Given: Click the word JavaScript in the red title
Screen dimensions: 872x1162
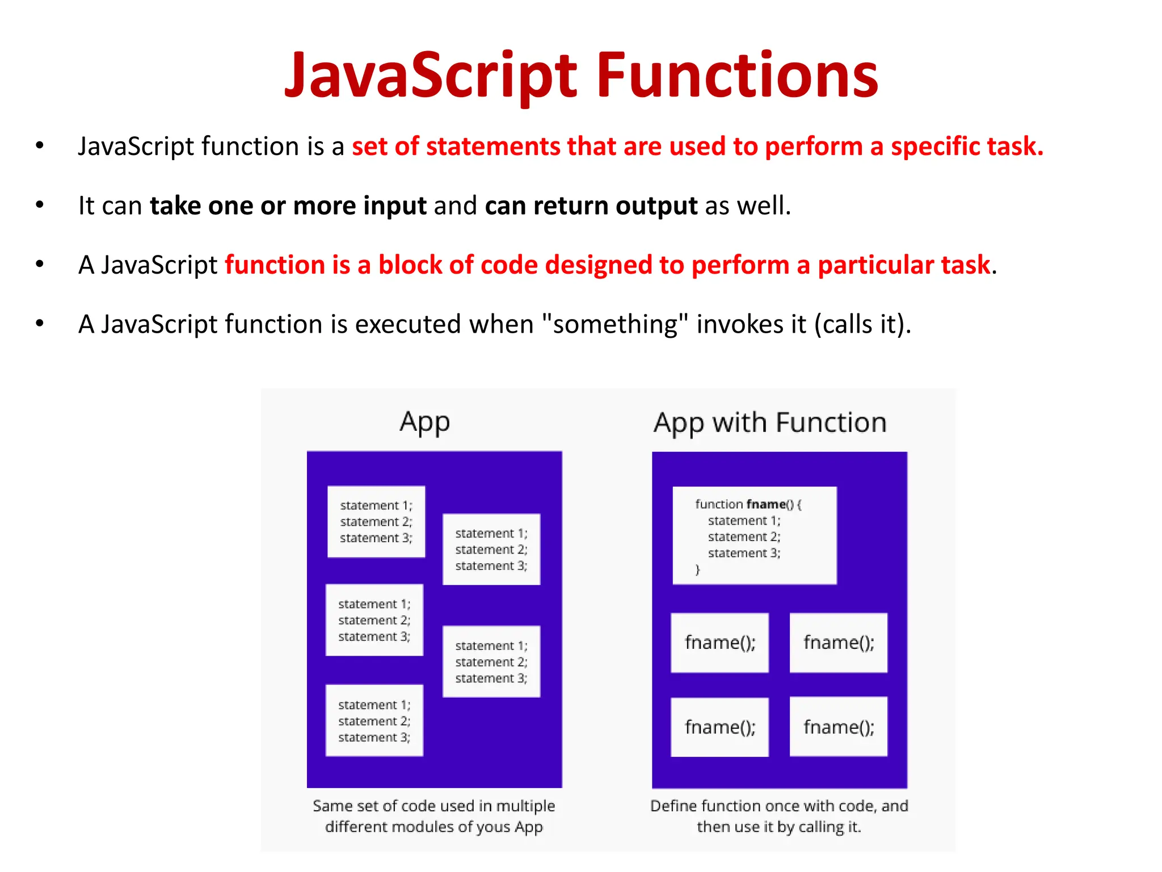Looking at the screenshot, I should pos(431,75).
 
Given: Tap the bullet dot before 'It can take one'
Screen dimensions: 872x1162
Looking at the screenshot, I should pos(39,205).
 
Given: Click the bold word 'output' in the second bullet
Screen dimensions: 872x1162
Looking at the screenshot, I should pos(656,206).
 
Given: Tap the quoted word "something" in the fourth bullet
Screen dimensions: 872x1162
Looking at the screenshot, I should pos(616,324).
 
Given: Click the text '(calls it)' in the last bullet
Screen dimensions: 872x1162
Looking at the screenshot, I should pos(862,324).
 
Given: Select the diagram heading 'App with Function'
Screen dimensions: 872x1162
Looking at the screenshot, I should pos(770,423).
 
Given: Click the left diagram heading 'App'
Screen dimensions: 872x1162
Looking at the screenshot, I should pos(424,423).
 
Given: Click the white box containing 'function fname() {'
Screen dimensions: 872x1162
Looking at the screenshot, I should pos(754,535).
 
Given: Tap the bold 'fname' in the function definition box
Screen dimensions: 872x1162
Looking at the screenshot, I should pos(766,504).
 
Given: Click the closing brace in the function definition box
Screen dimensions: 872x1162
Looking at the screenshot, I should pos(697,569).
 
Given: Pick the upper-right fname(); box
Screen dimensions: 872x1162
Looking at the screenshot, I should pos(838,643).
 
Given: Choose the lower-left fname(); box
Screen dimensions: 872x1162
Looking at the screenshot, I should pos(719,727).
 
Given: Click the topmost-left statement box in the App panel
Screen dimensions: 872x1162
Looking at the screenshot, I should pos(376,521).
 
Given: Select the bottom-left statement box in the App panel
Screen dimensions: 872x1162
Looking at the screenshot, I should pos(374,720).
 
